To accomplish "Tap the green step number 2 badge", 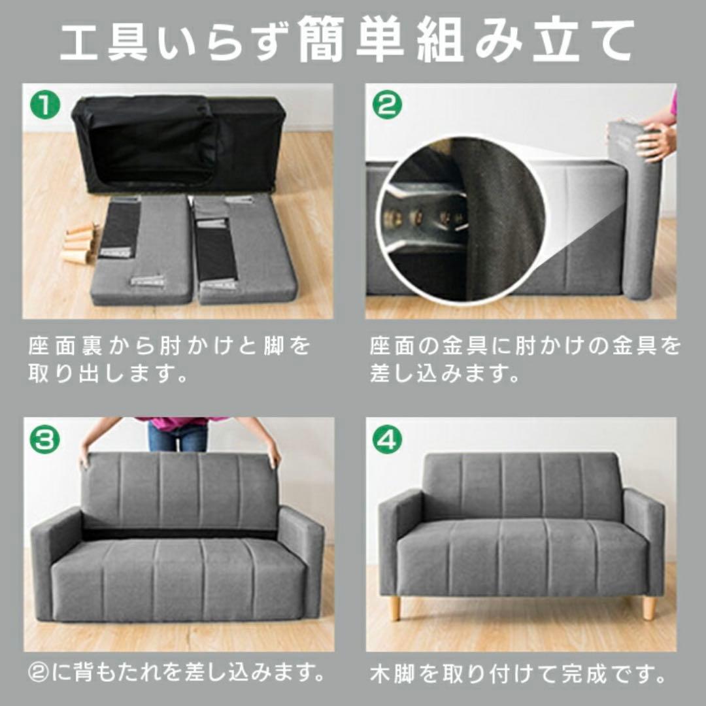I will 387,105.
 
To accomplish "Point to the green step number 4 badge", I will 387,439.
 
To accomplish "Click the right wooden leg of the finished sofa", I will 648,607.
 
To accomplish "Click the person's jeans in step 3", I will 178,437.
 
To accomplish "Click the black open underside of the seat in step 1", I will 150,141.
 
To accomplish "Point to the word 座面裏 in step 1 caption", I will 65,346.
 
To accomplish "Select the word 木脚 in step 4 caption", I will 392,673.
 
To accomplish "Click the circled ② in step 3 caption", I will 37,671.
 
